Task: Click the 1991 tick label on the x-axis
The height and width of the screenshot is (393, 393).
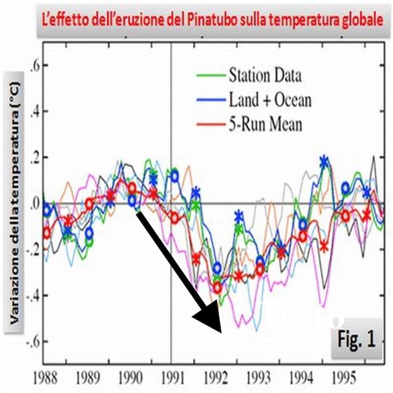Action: point(171,379)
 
